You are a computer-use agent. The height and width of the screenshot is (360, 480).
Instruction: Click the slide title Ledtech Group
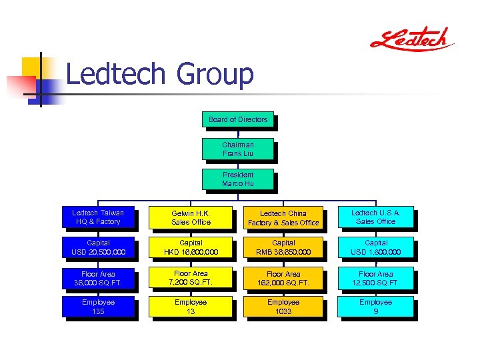pos(160,74)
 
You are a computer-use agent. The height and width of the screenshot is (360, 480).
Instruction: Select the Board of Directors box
pos(237,120)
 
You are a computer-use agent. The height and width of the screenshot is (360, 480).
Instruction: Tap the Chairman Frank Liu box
pos(237,149)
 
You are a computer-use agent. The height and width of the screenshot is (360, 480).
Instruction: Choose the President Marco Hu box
pos(237,179)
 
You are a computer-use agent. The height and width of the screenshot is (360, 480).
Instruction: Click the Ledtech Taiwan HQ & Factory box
pos(98,217)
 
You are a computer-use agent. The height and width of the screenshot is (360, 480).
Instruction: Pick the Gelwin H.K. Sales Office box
pos(191,217)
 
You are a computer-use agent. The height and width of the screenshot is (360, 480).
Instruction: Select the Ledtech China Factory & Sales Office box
pos(283,218)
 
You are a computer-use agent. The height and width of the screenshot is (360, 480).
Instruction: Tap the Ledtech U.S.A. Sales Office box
pos(376,217)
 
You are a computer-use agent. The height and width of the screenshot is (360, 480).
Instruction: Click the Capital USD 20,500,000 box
pos(98,247)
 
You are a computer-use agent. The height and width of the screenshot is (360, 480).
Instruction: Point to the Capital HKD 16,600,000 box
pos(191,247)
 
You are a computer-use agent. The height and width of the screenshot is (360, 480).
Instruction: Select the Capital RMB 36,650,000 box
pos(283,247)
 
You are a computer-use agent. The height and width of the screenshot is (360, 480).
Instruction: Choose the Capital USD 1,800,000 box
pos(376,247)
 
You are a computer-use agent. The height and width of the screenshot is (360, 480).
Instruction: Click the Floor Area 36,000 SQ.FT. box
pos(98,278)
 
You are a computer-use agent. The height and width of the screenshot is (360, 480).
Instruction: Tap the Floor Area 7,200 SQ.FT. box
pos(191,277)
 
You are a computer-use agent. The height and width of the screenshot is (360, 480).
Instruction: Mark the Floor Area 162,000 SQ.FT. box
pos(283,278)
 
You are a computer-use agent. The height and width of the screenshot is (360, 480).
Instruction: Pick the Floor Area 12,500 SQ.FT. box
pos(376,278)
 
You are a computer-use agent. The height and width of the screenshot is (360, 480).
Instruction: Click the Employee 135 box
pos(98,307)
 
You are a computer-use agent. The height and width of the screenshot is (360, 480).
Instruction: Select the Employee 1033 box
pos(283,307)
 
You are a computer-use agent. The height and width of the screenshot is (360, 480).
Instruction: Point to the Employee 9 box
pos(376,307)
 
